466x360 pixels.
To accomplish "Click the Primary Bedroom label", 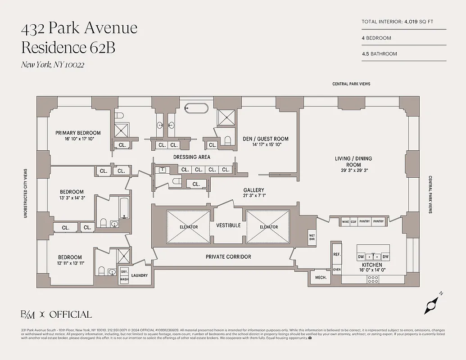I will pos(78,133).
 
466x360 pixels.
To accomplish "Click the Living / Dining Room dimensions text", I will pos(353,171).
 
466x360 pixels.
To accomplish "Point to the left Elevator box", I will pos(188,226).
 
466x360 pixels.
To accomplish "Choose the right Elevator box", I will pos(268,226).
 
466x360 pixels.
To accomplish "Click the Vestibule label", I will pos(228,225).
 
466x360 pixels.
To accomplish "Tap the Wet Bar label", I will pos(312,237).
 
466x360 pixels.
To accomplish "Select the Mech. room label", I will pos(321,277).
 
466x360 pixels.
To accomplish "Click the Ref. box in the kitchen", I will pos(336,254).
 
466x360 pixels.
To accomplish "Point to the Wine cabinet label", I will pos(345,221).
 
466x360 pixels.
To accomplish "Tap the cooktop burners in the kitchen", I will pos(373,279).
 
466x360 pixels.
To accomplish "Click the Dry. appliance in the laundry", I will pos(124,272).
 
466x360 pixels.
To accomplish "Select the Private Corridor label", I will pos(228,256).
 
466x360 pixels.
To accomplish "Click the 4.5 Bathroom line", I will pos(380,54).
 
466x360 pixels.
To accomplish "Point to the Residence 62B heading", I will pos(68,47).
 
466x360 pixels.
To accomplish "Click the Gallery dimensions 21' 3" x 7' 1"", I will pos(254,196).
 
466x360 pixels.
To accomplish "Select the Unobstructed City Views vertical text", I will pos(26,193).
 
